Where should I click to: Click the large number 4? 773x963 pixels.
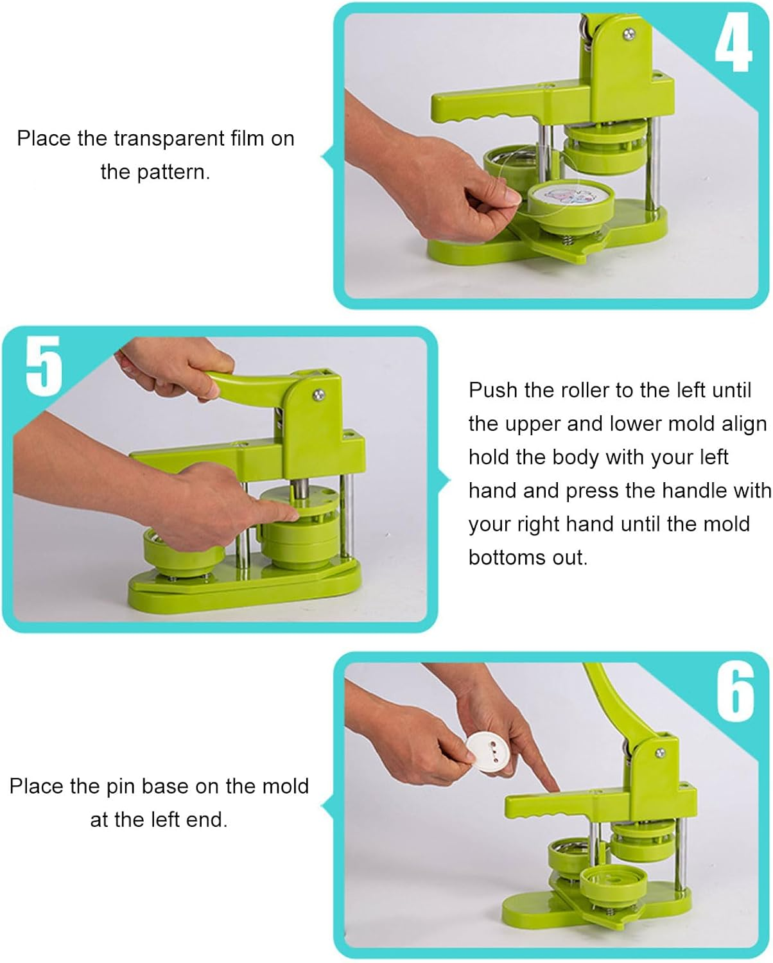(733, 42)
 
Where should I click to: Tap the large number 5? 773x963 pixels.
(44, 366)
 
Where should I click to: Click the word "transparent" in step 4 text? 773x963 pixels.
(169, 139)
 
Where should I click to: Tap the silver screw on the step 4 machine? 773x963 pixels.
(629, 33)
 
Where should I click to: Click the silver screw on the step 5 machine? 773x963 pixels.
(318, 394)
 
